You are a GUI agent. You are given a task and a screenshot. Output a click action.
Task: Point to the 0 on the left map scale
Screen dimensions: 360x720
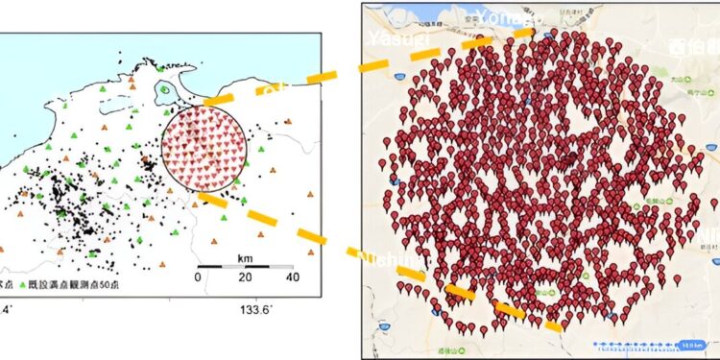pos(199,277)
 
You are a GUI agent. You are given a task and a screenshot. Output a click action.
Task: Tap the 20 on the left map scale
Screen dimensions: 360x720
pos(244,277)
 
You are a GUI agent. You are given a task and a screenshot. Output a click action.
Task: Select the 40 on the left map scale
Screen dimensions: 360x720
pos(291,277)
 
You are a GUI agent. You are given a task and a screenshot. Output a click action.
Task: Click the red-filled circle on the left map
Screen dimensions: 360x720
pos(203,149)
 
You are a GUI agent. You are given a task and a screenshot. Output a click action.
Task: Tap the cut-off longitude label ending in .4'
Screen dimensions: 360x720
pos(8,309)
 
